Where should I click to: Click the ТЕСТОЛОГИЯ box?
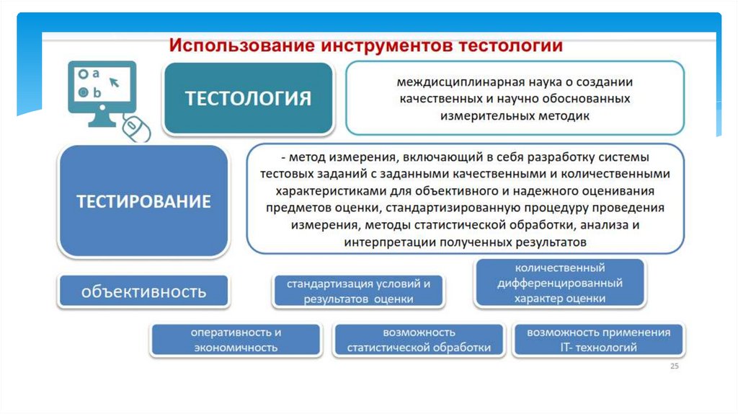(248, 98)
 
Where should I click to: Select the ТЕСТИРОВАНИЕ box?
(143, 201)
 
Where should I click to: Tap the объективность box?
(143, 291)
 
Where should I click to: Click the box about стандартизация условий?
(358, 291)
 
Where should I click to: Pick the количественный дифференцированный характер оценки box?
(559, 283)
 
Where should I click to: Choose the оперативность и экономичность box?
(235, 340)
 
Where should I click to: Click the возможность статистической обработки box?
(418, 340)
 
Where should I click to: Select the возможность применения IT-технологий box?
(598, 340)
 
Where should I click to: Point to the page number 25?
(675, 366)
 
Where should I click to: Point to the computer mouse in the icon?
(137, 128)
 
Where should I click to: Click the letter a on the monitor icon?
(96, 73)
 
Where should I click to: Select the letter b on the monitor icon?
(97, 92)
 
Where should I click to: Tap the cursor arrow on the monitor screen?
(114, 82)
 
